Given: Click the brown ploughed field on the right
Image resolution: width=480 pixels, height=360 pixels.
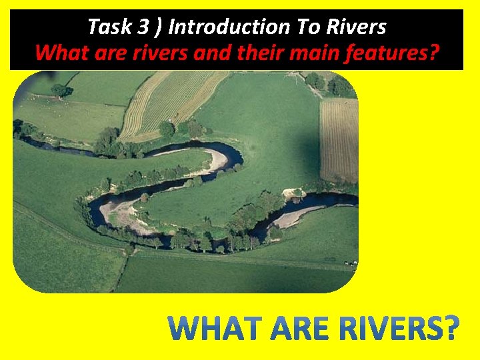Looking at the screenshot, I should click(x=338, y=140).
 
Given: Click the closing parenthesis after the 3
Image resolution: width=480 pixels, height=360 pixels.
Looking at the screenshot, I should click(x=157, y=27).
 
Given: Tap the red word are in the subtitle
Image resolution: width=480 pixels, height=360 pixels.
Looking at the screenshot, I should click(x=104, y=52).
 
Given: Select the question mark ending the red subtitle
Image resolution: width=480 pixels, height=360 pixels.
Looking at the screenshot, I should click(x=434, y=52).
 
